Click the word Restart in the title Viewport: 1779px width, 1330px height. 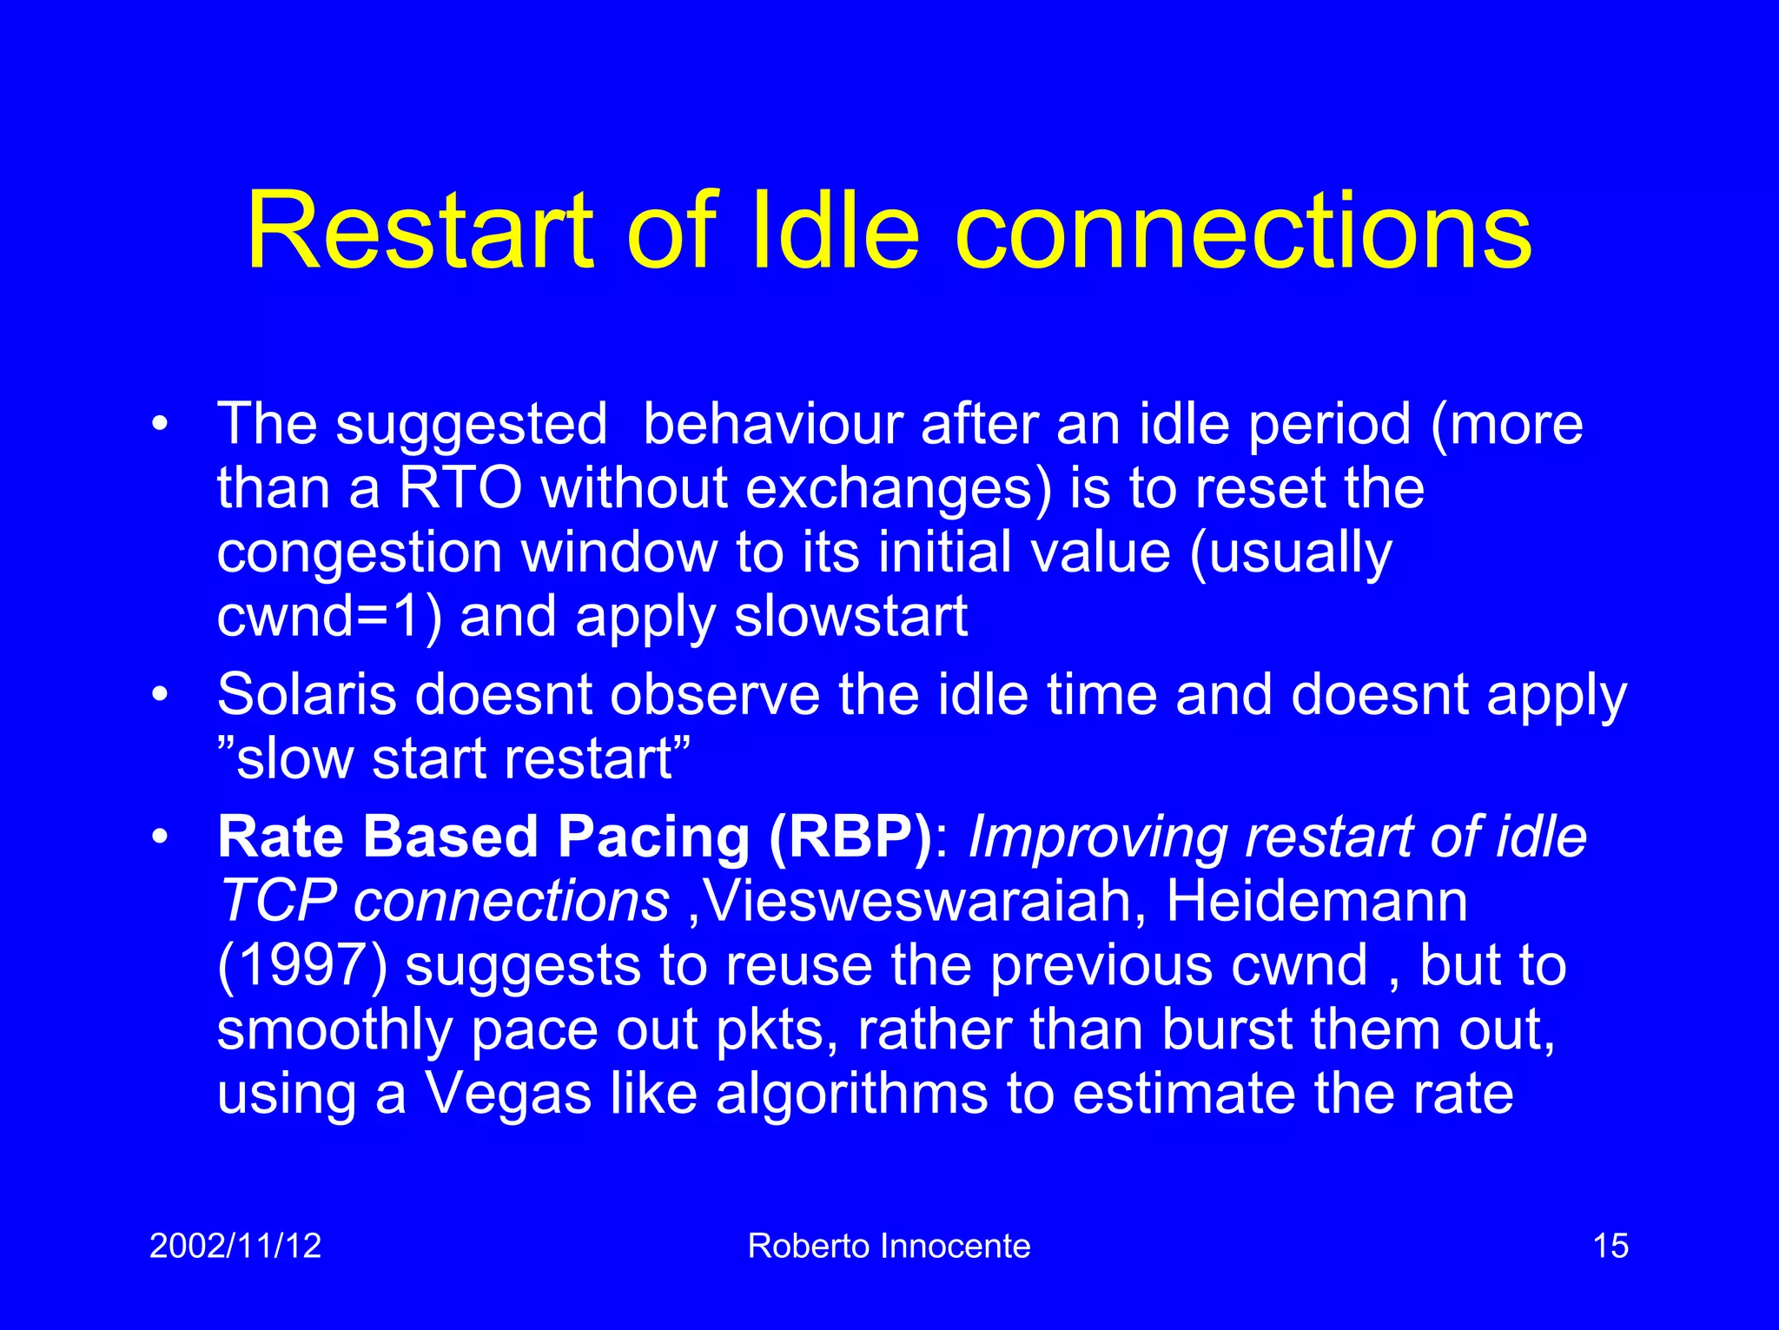coord(419,232)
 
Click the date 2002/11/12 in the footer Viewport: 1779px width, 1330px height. coord(235,1246)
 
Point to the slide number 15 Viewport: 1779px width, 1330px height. coord(1610,1246)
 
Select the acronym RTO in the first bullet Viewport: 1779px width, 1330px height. coord(460,488)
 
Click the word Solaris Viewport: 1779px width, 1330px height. coord(307,695)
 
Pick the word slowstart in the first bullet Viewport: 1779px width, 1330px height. coord(850,617)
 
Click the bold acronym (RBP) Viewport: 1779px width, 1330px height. coord(850,837)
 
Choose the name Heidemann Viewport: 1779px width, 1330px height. coord(1316,902)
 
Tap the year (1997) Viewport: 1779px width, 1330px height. coord(301,966)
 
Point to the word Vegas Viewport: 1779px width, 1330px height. coord(507,1094)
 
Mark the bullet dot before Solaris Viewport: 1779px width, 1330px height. coord(159,696)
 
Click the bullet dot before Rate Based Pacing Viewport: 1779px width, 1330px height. coord(159,838)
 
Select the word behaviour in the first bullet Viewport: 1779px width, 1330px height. coord(771,425)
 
